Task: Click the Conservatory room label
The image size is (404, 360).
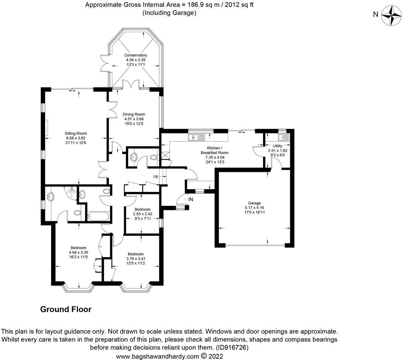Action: pos(136,55)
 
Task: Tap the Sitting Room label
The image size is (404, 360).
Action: pos(76,133)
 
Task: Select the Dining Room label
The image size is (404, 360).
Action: pos(134,114)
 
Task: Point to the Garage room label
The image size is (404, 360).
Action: pos(254,203)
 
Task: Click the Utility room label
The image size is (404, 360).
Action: pos(278,146)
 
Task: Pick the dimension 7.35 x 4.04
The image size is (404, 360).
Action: pos(215,157)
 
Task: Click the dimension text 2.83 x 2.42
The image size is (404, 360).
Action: pos(143,214)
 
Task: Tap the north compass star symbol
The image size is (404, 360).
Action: pos(391,15)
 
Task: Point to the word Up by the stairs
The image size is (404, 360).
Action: pos(156,176)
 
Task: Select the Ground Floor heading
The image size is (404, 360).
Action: pos(66,309)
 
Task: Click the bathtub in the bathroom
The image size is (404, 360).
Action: pos(98,216)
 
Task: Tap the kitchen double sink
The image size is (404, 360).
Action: pos(196,137)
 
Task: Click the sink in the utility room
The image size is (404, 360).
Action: pos(283,137)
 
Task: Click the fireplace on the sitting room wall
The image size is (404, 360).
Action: pos(46,128)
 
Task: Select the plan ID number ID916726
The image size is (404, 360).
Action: pos(232,347)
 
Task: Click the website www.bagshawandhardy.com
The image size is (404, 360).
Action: pos(157,356)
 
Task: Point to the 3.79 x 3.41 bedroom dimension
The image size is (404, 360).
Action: pos(136,259)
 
